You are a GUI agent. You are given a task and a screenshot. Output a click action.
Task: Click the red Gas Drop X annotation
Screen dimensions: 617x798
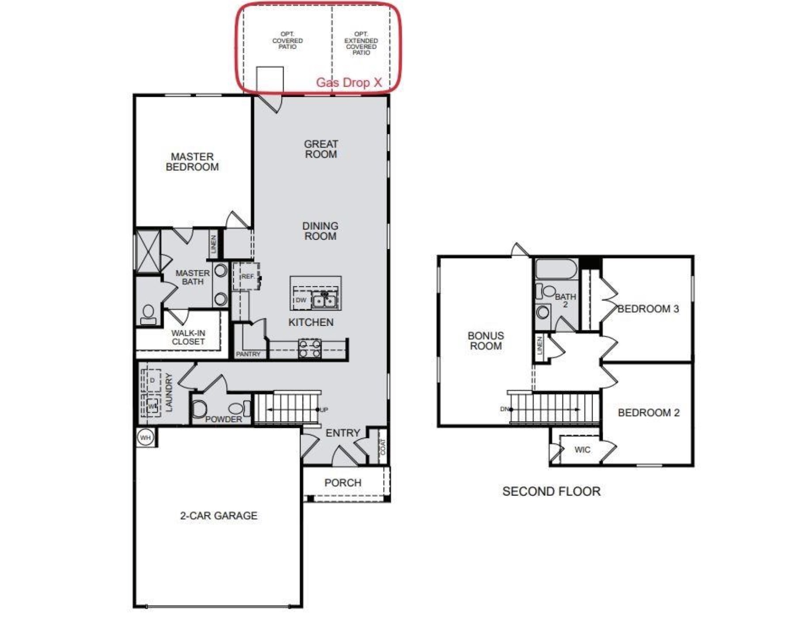349,83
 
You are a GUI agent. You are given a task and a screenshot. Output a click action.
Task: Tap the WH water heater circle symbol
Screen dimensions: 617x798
145,438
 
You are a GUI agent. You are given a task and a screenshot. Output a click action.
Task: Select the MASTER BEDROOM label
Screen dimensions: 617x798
192,162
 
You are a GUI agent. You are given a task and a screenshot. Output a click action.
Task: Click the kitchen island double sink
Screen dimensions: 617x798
325,301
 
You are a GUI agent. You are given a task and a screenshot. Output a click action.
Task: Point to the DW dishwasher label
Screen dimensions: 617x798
301,300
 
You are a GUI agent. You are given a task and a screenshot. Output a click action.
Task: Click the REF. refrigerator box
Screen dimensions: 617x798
247,276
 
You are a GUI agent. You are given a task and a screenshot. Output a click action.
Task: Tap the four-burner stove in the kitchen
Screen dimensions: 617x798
310,348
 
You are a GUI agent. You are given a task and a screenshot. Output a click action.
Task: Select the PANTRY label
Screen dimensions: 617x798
248,354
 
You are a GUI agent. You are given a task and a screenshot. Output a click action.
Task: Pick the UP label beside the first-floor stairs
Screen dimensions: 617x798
324,410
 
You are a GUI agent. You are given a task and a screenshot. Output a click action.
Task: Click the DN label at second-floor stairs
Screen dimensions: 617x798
504,409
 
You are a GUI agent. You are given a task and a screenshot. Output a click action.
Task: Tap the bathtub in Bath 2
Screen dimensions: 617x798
556,269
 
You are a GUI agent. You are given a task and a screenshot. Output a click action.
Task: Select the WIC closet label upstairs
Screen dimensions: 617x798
582,449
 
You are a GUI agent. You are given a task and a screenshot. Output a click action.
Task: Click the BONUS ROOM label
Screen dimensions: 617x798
486,341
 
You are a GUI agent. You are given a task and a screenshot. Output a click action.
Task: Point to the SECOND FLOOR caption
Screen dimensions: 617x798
551,491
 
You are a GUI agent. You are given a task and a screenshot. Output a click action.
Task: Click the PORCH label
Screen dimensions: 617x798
342,483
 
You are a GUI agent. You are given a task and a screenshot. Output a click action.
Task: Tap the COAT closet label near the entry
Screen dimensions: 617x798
383,446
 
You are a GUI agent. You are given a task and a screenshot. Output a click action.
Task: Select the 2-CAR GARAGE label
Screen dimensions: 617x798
218,515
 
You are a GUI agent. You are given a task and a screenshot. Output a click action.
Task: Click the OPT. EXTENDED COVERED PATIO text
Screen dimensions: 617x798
361,43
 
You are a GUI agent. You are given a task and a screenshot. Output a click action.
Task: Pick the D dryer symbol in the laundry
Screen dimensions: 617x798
152,381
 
